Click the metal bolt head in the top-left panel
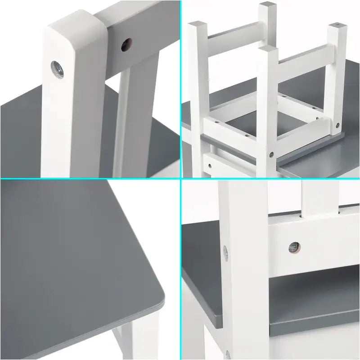(x=57, y=69)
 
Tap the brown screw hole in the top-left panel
(x=126, y=44)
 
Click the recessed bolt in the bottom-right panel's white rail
(x=293, y=246)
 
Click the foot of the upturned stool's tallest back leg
(x=268, y=6)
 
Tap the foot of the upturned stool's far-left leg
(x=196, y=25)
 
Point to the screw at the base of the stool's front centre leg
(x=270, y=154)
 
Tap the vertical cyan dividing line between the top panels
(x=180, y=90)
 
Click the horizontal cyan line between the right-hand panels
(x=270, y=179)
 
